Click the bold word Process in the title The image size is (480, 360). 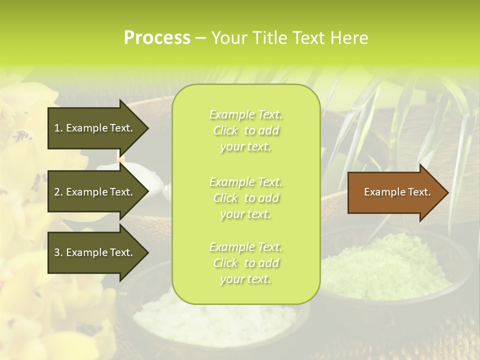[x=157, y=37]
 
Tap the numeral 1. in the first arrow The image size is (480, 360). [x=58, y=128]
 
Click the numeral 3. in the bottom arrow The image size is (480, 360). [x=58, y=252]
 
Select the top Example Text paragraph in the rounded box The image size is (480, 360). [x=245, y=130]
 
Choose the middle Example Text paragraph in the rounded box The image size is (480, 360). [x=245, y=198]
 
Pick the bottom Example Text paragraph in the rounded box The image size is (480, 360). [x=245, y=263]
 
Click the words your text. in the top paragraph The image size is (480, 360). [x=245, y=147]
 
